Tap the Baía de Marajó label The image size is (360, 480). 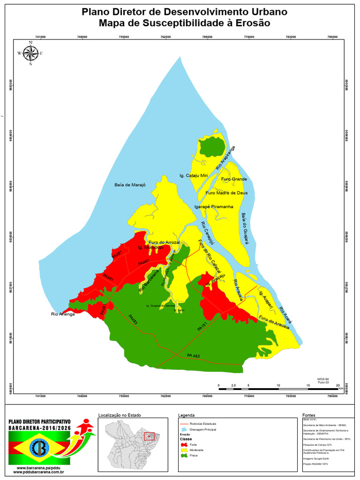point(130,185)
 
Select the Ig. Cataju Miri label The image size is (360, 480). point(193,175)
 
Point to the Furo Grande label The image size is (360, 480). point(233,179)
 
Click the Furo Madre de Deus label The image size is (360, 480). point(226,193)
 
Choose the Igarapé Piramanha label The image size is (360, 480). point(214,206)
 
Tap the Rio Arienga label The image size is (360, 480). point(63,314)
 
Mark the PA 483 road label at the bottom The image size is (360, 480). point(193,356)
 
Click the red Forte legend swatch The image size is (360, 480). point(184,444)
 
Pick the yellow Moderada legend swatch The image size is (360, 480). point(184,450)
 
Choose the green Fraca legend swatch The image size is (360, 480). point(184,456)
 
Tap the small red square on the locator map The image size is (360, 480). point(149,436)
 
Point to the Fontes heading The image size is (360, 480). point(309,415)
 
